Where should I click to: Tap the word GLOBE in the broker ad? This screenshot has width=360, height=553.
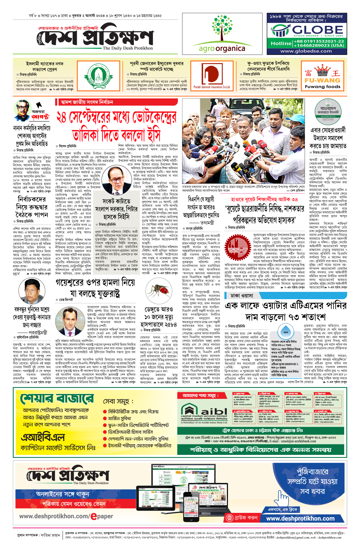(x=318, y=30)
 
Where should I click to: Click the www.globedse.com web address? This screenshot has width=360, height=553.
(x=306, y=51)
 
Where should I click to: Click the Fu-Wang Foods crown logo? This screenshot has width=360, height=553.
(x=322, y=72)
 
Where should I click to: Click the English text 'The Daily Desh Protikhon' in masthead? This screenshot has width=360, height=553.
(x=127, y=48)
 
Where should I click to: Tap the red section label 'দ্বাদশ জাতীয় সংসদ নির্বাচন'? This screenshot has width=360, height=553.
(x=87, y=102)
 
